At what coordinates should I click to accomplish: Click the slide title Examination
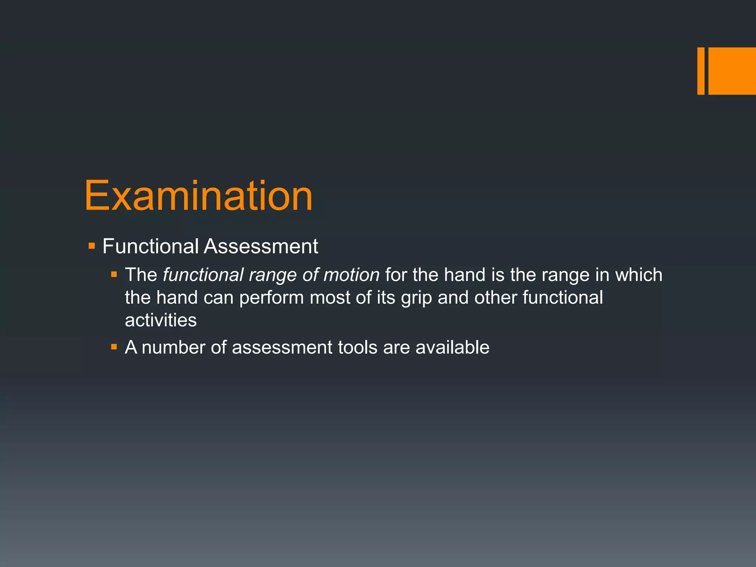(x=199, y=196)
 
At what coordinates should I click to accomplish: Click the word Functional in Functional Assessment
(x=151, y=246)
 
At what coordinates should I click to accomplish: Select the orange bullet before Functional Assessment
(x=92, y=246)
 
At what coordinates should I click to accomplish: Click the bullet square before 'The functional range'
(x=114, y=275)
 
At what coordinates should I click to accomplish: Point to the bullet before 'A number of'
(x=114, y=347)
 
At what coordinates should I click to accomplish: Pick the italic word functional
(x=203, y=275)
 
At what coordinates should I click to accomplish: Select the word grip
(x=416, y=298)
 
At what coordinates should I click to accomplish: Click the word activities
(x=161, y=320)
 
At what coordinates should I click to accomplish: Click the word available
(x=452, y=348)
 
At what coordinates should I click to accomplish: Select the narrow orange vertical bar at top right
(x=701, y=71)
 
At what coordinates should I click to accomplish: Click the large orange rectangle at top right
(x=732, y=71)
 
